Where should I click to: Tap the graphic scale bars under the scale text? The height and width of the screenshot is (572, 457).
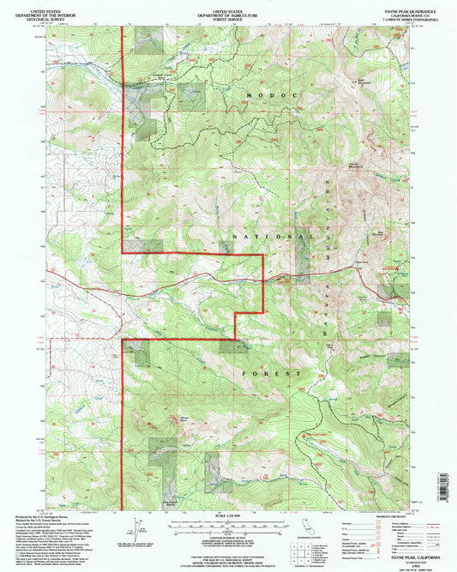coord(228,524)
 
